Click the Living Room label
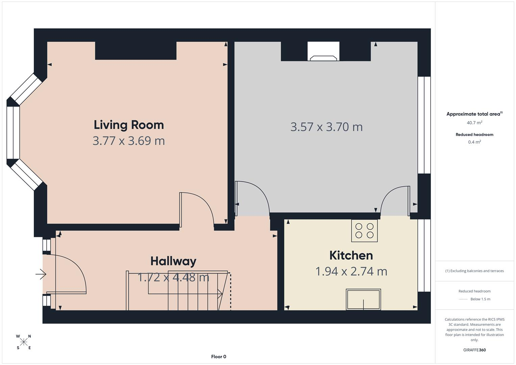pyautogui.click(x=129, y=125)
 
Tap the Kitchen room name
pyautogui.click(x=351, y=255)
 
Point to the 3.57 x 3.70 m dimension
pyautogui.click(x=326, y=127)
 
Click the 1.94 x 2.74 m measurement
pyautogui.click(x=351, y=271)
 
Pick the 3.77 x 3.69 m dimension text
pyautogui.click(x=129, y=141)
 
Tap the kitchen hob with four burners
pyautogui.click(x=364, y=230)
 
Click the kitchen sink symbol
pyautogui.click(x=363, y=299)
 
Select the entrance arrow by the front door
pyautogui.click(x=41, y=274)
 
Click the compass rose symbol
pyautogui.click(x=24, y=342)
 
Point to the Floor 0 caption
pyautogui.click(x=219, y=357)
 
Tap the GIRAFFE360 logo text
pyautogui.click(x=474, y=350)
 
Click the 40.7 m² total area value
pyautogui.click(x=474, y=123)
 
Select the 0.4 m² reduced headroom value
pyautogui.click(x=474, y=142)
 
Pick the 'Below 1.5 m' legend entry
pyautogui.click(x=480, y=299)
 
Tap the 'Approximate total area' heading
pyautogui.click(x=474, y=114)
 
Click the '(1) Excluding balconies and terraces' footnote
pyautogui.click(x=474, y=271)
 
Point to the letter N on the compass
pyautogui.click(x=29, y=336)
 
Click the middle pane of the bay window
pyautogui.click(x=13, y=132)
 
